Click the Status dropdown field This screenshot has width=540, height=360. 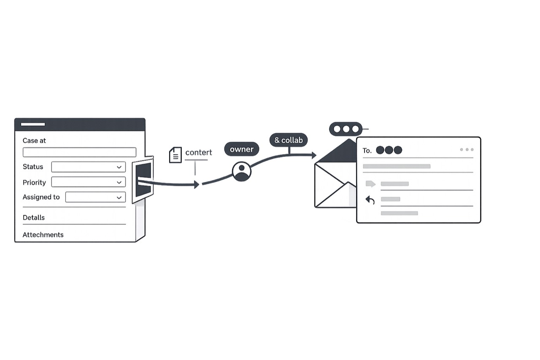(89, 167)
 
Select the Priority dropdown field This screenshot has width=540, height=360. (89, 182)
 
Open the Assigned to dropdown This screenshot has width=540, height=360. (95, 197)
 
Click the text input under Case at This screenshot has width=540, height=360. (80, 152)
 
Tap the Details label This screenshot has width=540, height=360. (34, 217)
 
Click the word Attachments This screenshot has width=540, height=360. (43, 235)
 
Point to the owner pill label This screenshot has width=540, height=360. (242, 149)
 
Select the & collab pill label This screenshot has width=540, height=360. (289, 140)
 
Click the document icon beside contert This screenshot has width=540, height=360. (175, 155)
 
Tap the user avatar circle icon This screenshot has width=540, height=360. (242, 171)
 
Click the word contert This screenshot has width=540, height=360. (199, 152)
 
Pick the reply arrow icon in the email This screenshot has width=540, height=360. (370, 200)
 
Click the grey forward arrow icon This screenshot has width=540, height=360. (370, 184)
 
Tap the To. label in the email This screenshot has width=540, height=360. (367, 151)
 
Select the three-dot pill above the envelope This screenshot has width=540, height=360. (346, 129)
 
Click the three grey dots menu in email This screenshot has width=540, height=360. (467, 149)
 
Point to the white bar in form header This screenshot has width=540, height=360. (33, 125)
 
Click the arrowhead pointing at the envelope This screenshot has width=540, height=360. (314, 155)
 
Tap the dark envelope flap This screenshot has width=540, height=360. (337, 151)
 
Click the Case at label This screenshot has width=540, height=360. (34, 141)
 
